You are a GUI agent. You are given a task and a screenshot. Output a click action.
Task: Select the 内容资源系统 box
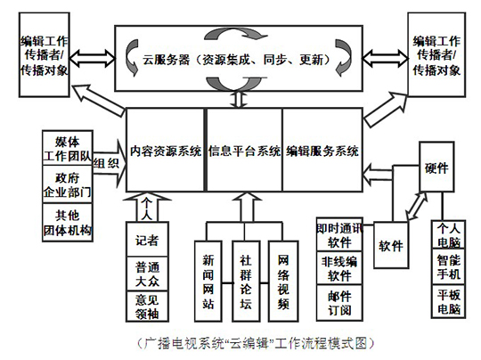pos(165,150)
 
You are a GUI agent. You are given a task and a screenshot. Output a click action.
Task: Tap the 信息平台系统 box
pos(244,150)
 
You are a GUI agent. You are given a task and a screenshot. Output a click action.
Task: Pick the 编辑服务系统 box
pos(322,150)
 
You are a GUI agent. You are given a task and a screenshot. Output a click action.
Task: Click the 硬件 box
pos(436,167)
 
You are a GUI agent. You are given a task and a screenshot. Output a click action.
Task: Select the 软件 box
pos(391,245)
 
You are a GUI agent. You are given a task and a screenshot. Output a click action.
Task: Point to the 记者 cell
pos(147,240)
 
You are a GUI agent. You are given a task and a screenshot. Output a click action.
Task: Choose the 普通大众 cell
pos(147,274)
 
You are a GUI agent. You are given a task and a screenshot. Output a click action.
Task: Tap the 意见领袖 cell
pos(147,306)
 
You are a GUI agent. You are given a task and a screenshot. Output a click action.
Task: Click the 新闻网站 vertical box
pos(208,281)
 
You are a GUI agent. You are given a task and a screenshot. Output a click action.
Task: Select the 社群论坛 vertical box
pos(246,281)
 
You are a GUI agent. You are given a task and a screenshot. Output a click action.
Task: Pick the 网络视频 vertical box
pos(283,281)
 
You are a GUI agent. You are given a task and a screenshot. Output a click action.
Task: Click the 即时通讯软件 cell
pos(339,234)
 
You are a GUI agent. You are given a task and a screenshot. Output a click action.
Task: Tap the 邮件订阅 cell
pos(339,303)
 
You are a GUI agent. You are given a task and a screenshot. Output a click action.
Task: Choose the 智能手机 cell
pos(448,267)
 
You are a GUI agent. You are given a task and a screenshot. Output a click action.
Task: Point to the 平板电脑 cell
pos(448,301)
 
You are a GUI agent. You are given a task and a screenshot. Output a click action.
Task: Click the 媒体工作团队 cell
pos(68,148)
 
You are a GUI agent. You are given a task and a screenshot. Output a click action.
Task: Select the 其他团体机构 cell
pos(68,223)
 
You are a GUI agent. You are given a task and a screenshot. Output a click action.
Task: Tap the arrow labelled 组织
pos(110,163)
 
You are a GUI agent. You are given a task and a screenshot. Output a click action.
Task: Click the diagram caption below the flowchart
pos(256,343)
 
